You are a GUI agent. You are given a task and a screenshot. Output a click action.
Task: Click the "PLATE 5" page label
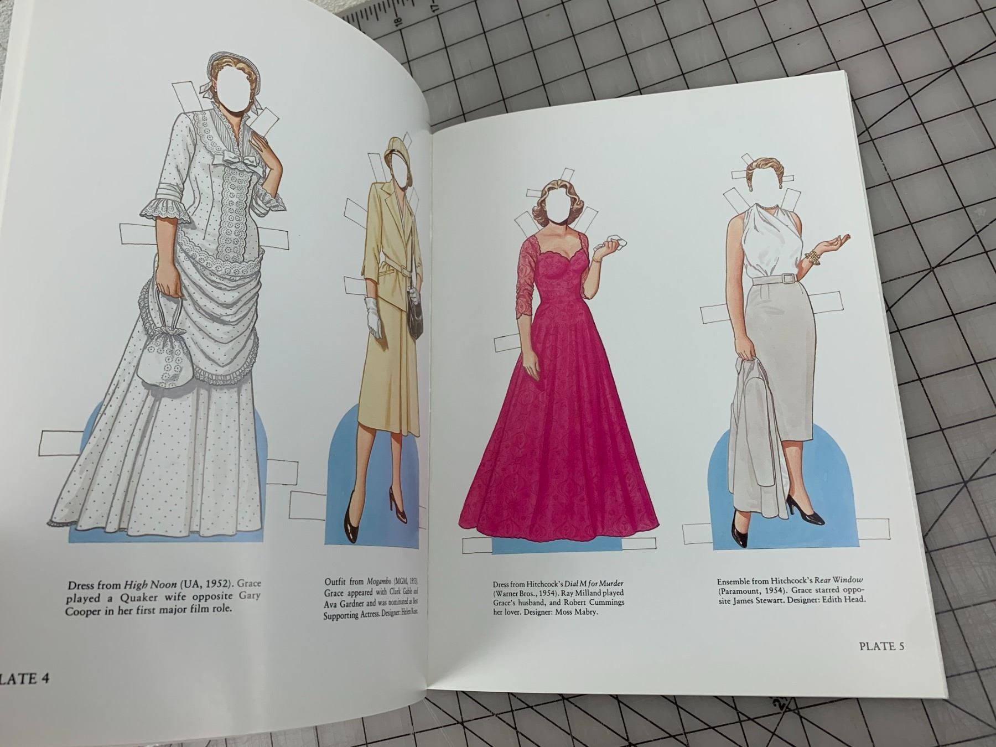881,646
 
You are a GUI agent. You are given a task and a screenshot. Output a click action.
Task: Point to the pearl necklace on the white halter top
767,206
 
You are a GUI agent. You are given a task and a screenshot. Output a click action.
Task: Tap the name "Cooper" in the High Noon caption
88,611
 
